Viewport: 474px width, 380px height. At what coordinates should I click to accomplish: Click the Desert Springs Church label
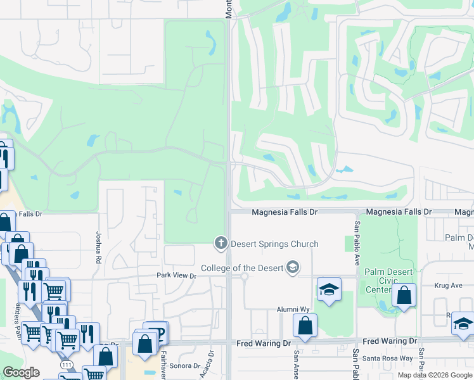tap(274, 244)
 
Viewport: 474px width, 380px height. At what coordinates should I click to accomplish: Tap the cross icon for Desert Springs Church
tap(221, 242)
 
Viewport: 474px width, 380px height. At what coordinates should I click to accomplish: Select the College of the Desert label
tap(242, 268)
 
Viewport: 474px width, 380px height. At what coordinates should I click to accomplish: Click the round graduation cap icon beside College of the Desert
tap(292, 268)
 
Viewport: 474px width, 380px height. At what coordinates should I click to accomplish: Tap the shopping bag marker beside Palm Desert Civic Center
tap(404, 295)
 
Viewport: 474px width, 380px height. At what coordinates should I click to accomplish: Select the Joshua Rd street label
tap(99, 237)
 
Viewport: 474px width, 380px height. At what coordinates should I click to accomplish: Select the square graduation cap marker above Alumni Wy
tap(330, 289)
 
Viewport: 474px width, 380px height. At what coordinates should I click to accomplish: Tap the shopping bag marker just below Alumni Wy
tap(305, 326)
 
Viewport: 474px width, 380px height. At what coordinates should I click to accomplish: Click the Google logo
tap(21, 373)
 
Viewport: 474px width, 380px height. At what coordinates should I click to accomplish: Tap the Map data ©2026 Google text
tap(434, 376)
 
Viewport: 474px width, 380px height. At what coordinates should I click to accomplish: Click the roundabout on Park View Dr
tap(245, 275)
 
